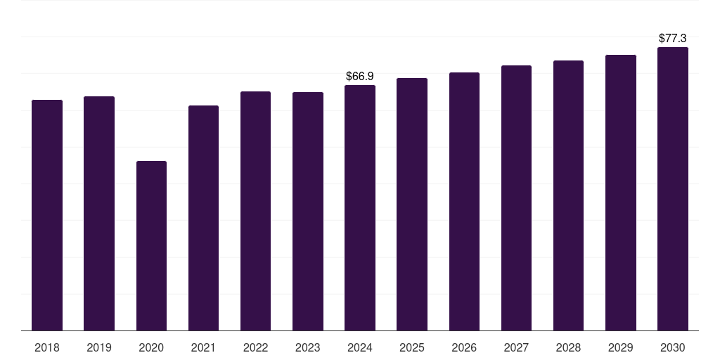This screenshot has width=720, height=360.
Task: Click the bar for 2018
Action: pyautogui.click(x=47, y=215)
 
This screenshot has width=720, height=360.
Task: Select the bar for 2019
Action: pyautogui.click(x=99, y=213)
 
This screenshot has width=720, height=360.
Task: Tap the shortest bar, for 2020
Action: pyautogui.click(x=151, y=245)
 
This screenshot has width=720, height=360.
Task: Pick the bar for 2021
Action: pyautogui.click(x=203, y=218)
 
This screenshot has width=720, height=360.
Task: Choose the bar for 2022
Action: pyautogui.click(x=255, y=211)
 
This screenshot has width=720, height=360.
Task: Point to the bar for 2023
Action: pyautogui.click(x=308, y=211)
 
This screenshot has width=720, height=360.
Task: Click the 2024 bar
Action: pyautogui.click(x=360, y=207)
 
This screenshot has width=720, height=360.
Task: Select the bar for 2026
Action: pyautogui.click(x=464, y=201)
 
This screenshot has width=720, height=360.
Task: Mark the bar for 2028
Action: pyautogui.click(x=568, y=195)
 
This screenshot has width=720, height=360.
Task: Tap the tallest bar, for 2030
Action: pyautogui.click(x=673, y=188)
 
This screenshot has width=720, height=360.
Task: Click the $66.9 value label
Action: pyautogui.click(x=360, y=76)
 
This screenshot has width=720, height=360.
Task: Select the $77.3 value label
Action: pyautogui.click(x=673, y=38)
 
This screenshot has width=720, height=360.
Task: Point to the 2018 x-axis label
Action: pyautogui.click(x=47, y=348)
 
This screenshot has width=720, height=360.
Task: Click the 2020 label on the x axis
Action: pyautogui.click(x=151, y=348)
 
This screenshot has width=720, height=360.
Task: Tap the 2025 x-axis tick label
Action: pyautogui.click(x=412, y=348)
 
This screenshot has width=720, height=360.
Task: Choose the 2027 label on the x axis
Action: pyautogui.click(x=516, y=348)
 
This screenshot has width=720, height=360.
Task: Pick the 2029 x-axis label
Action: pyautogui.click(x=621, y=348)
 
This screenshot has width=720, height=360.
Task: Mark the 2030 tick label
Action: pyautogui.click(x=673, y=348)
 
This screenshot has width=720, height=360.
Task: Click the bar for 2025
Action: pyautogui.click(x=412, y=204)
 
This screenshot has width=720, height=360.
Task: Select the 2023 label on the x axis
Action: pyautogui.click(x=308, y=348)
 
